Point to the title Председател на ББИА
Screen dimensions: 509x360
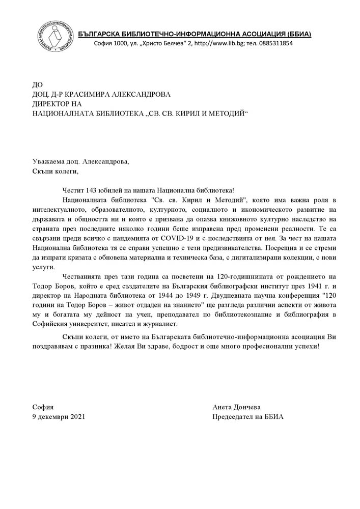click(247, 416)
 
